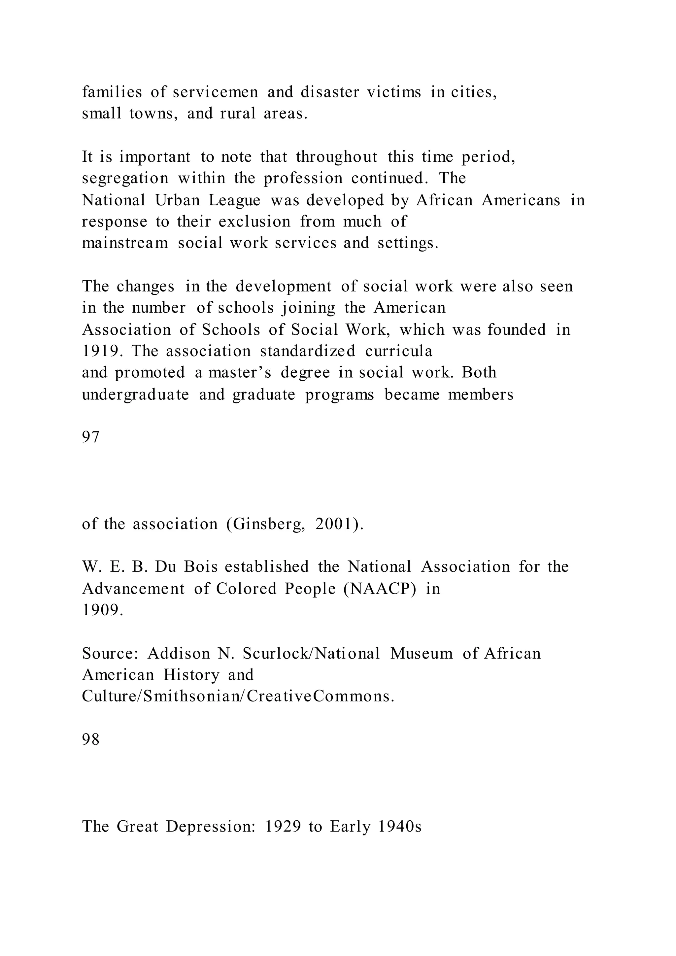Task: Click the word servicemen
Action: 216,92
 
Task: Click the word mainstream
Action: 125,243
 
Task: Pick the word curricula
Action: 399,351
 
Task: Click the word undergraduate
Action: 135,394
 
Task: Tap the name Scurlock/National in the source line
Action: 311,653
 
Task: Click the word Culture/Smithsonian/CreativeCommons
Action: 238,697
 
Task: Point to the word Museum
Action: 421,653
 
